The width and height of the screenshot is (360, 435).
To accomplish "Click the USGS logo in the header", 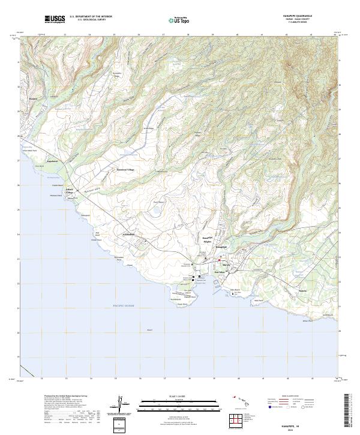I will click(x=55, y=19).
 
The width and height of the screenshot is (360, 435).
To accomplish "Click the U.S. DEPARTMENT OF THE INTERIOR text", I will click(x=91, y=17).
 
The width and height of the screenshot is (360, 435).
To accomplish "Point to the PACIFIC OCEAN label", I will click(x=125, y=306).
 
